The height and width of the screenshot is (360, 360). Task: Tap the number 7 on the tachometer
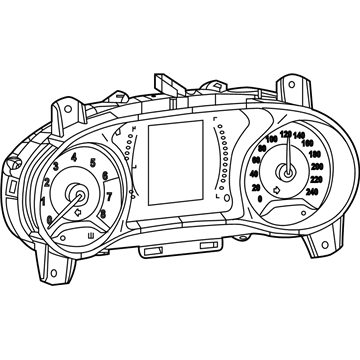click(x=108, y=196)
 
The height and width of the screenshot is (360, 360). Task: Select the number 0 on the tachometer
click(x=51, y=218)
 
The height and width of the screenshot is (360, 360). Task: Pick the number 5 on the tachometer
click(x=93, y=162)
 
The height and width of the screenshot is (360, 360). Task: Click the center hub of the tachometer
click(x=78, y=196)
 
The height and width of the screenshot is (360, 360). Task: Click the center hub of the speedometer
click(x=289, y=170)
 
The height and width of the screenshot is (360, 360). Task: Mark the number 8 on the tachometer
click(x=104, y=213)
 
